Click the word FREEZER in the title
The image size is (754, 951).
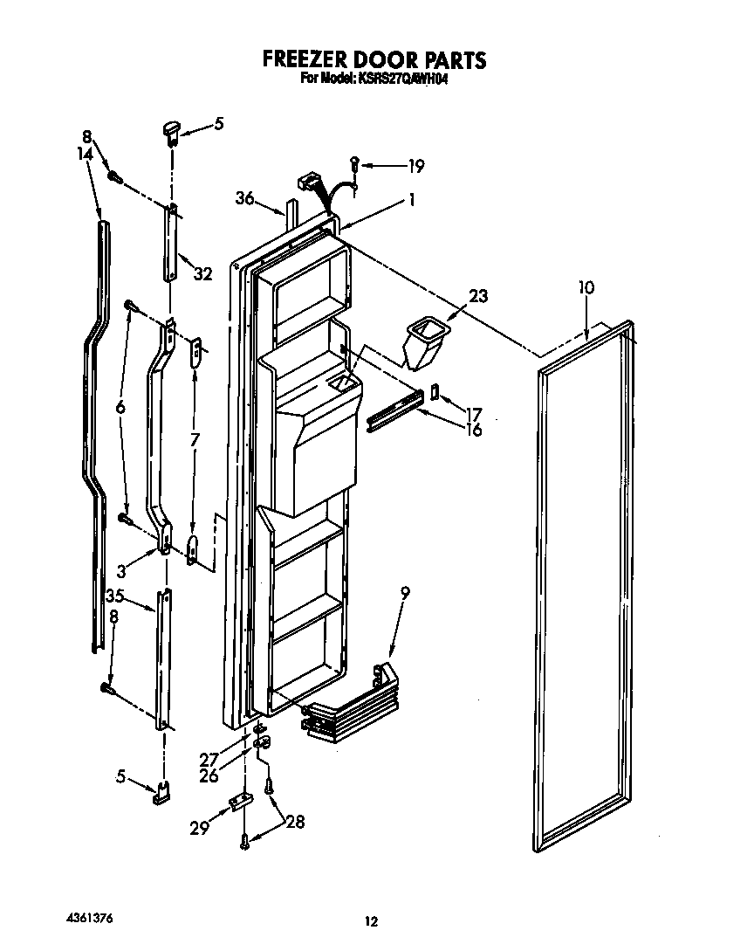point(306,59)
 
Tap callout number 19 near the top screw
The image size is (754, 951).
point(416,167)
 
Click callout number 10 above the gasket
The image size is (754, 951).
point(586,287)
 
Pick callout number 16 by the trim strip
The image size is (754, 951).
point(474,430)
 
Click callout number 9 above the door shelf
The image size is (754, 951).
point(405,592)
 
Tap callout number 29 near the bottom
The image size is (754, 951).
point(201,826)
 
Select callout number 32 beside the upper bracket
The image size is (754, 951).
point(202,274)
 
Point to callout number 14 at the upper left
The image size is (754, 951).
point(84,153)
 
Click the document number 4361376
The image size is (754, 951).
point(90,919)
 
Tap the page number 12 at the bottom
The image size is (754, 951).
point(372,920)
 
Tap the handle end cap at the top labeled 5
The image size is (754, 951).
point(170,131)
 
